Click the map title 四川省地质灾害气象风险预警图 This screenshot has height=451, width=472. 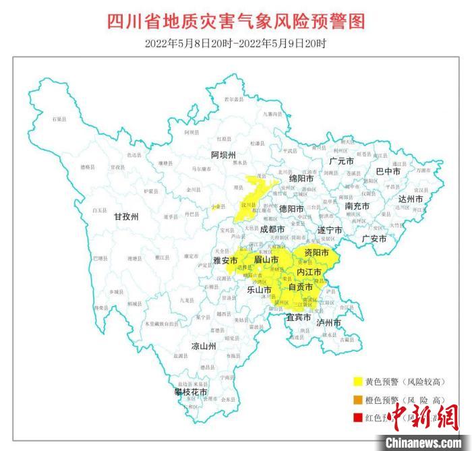tap(235, 22)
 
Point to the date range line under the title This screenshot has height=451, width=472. tap(235, 44)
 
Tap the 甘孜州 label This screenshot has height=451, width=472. tap(125, 217)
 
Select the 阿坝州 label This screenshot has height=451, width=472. tap(225, 155)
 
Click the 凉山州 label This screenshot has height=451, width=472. tap(203, 347)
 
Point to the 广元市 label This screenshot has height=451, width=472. tap(341, 162)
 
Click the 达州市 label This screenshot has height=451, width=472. tap(410, 199)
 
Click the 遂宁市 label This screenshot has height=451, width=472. tap(330, 231)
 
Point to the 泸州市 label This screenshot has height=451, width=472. tap(328, 323)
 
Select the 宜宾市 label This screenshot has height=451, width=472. tap(299, 317)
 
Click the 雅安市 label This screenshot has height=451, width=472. tap(225, 260)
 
